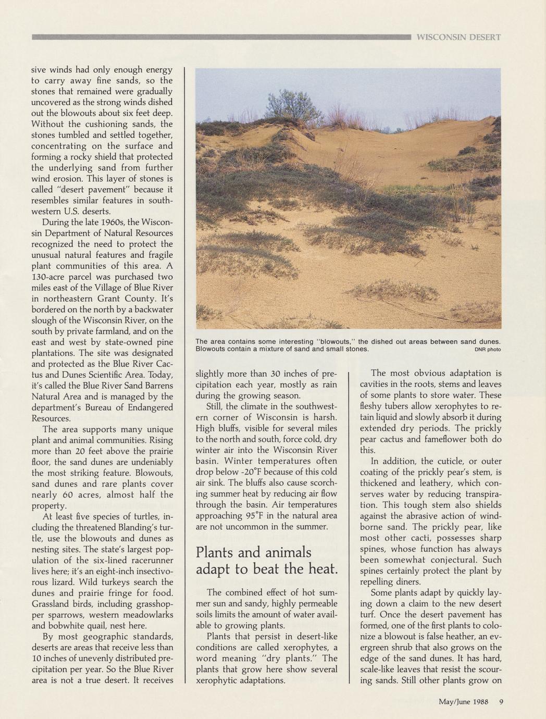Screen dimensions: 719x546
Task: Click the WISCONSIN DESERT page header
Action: tap(458, 37)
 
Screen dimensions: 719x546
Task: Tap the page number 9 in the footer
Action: tap(501, 701)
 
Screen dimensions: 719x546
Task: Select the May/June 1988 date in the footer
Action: tap(464, 701)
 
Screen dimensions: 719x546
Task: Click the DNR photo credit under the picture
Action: tap(488, 350)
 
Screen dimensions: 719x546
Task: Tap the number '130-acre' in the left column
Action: tap(53, 277)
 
